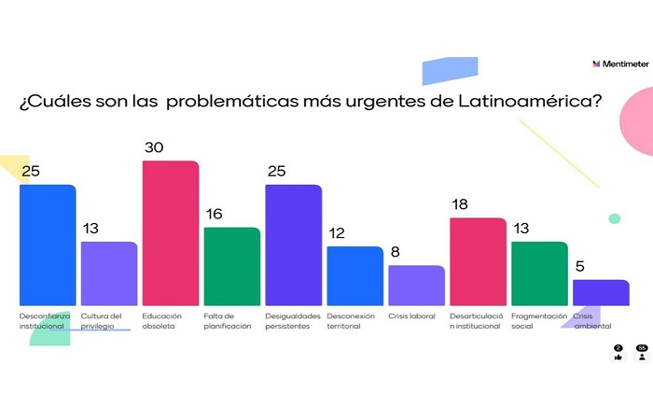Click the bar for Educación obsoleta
171,233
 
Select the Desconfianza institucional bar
48,245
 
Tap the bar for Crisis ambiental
601,292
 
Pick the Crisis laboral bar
416,285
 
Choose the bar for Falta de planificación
232,266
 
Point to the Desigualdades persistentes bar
294,245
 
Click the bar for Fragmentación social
539,273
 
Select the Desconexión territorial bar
354,275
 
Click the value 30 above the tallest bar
154,148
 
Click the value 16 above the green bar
215,215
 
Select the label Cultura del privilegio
103,321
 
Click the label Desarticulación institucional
476,321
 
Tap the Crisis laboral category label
411,316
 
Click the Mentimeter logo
620,63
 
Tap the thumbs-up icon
618,356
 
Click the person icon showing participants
642,356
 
